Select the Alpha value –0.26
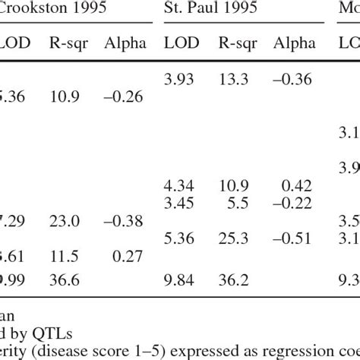coord(125,97)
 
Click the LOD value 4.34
coord(180,185)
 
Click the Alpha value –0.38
coord(125,220)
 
